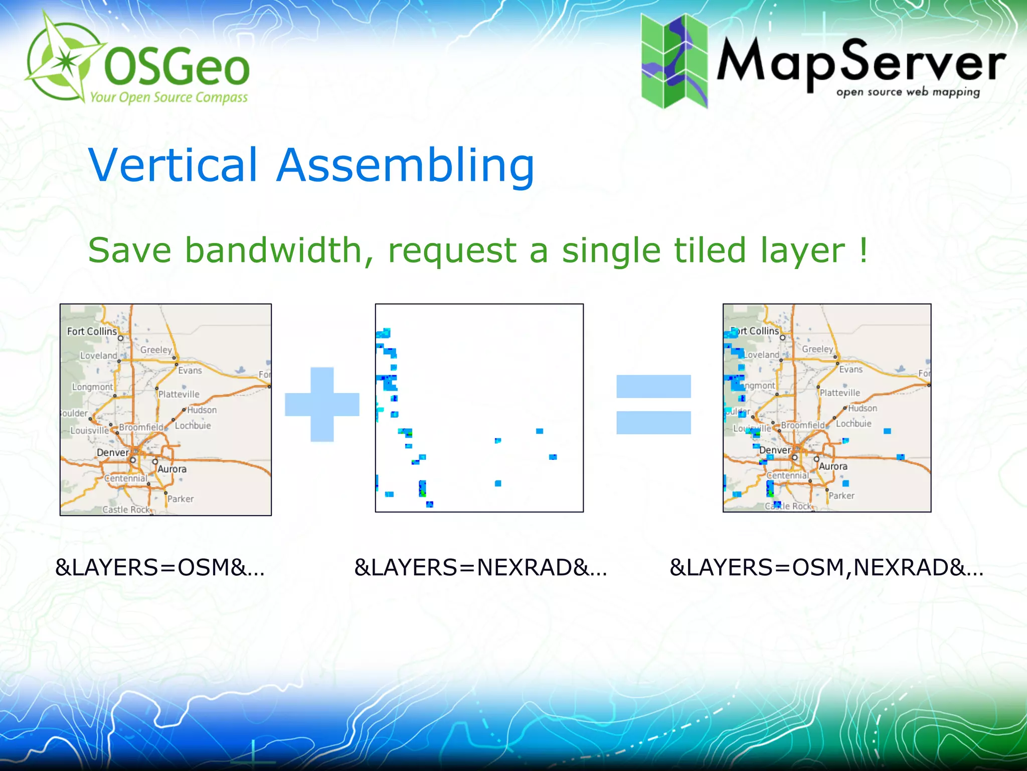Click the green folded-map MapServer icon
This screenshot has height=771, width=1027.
point(674,61)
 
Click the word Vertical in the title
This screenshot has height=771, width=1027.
point(174,166)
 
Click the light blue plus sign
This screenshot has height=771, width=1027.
point(322,405)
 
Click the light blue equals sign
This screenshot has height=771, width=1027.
point(653,405)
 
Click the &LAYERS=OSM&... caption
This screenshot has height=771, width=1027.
point(160,568)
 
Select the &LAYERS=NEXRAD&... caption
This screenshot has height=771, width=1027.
point(480,568)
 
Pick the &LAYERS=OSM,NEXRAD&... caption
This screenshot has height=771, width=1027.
point(826,568)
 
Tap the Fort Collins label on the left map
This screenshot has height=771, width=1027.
point(92,331)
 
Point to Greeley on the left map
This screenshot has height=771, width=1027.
point(156,350)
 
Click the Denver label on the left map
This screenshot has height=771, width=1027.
point(113,453)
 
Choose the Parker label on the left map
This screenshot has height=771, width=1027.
point(181,499)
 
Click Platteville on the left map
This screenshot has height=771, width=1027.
point(179,395)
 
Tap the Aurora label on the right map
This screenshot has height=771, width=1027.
point(833,466)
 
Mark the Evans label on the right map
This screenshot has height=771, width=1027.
point(851,369)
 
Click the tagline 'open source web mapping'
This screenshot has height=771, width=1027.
point(908,92)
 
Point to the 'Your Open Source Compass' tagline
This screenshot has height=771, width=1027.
point(169,97)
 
